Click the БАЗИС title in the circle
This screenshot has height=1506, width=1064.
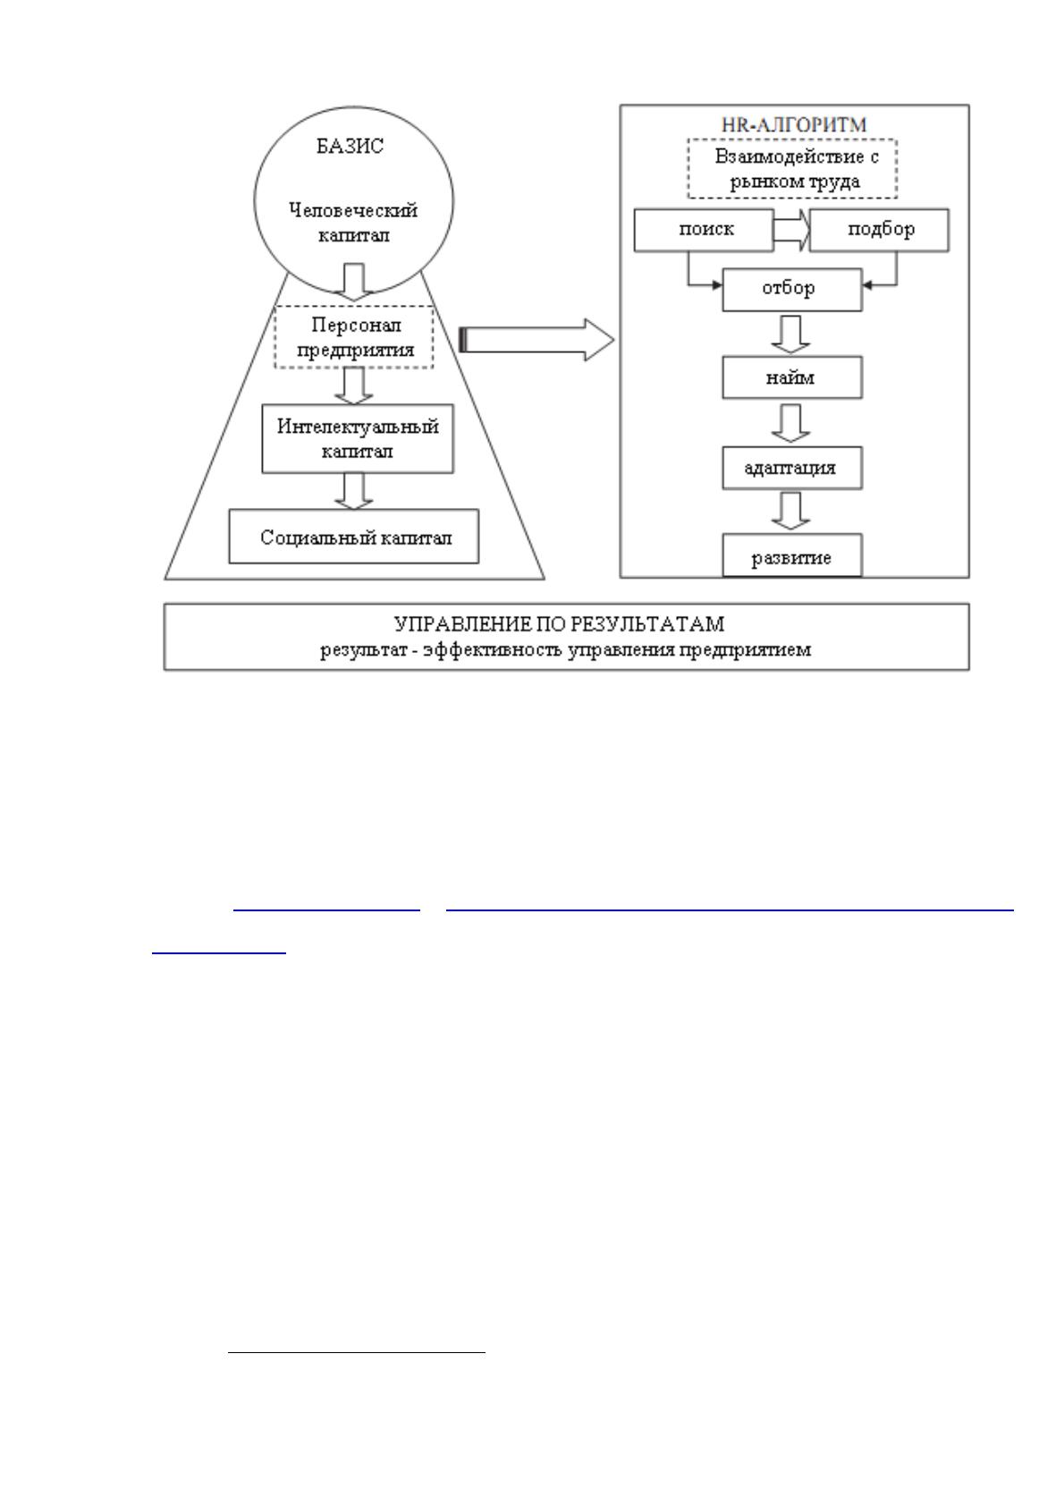point(350,146)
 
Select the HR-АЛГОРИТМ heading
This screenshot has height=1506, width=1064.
point(794,124)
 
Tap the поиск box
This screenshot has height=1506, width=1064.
point(704,230)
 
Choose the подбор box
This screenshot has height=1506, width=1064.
point(879,230)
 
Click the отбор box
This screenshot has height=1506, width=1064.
point(792,290)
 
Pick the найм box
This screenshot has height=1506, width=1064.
point(792,377)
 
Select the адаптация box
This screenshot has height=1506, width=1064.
point(792,467)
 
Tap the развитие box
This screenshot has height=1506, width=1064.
point(792,555)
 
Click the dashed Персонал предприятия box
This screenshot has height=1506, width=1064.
point(353,337)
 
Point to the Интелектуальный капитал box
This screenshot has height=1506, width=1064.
point(358,438)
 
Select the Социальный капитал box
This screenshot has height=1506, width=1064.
point(353,536)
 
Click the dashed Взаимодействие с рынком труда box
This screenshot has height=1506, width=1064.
point(792,168)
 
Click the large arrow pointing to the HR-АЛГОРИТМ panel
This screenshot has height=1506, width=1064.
point(536,340)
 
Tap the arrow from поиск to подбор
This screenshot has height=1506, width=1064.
point(792,230)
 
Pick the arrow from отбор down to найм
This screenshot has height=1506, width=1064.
point(790,334)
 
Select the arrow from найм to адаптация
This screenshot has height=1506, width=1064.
point(790,423)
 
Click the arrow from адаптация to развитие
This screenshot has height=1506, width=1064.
point(790,511)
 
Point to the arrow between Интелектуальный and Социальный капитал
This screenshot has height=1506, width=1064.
point(353,491)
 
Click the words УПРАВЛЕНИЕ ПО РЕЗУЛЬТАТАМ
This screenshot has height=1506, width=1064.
point(559,624)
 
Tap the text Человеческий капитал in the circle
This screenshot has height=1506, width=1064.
point(353,223)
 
